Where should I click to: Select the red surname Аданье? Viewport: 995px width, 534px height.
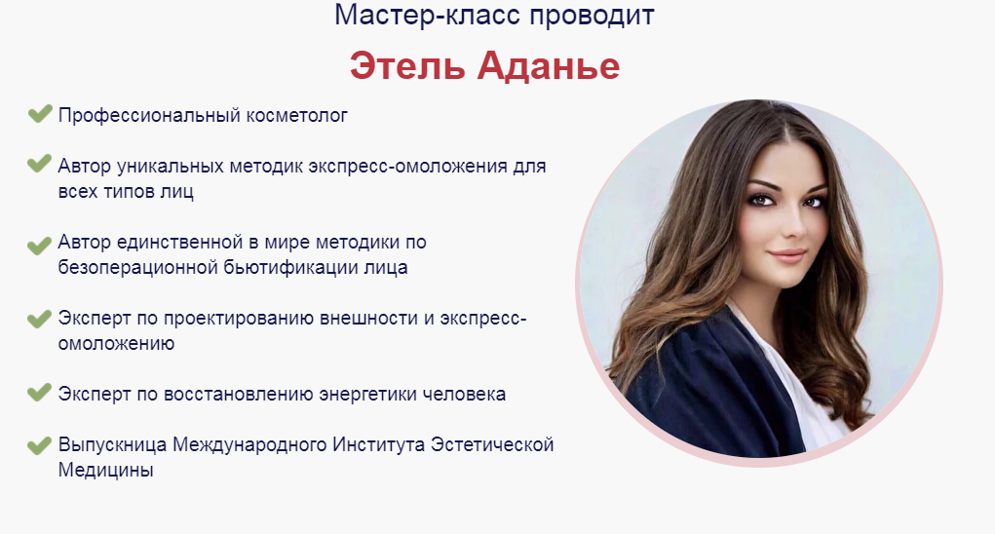[549, 66]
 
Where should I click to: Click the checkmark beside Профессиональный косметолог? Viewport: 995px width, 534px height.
[39, 113]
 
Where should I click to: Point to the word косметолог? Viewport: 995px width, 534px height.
[297, 115]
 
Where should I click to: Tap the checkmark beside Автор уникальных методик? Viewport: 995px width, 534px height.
[39, 164]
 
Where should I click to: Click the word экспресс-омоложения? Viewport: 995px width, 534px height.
[408, 167]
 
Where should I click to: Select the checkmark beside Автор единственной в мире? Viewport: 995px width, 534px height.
[39, 245]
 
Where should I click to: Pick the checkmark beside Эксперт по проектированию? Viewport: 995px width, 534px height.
[39, 319]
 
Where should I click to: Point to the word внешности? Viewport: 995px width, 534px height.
[368, 319]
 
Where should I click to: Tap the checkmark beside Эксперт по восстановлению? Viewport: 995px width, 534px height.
[39, 392]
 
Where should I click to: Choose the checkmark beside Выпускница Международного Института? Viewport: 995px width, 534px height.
[39, 445]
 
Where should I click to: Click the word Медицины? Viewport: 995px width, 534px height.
[106, 471]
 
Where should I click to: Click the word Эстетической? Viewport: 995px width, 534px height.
[492, 444]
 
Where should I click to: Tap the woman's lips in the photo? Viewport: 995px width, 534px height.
[787, 255]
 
